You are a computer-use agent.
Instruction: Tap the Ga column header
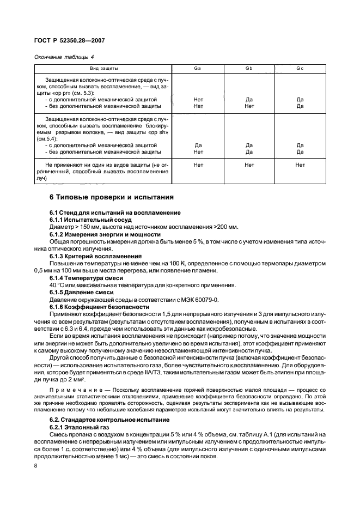198,69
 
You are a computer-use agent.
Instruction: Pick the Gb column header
249,69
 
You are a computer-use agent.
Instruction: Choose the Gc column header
300,69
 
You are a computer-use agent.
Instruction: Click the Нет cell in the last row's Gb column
249,165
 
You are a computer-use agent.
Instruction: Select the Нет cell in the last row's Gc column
300,165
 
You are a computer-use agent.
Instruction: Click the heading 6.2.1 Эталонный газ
80,427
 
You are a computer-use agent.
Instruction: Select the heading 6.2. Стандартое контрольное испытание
108,420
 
